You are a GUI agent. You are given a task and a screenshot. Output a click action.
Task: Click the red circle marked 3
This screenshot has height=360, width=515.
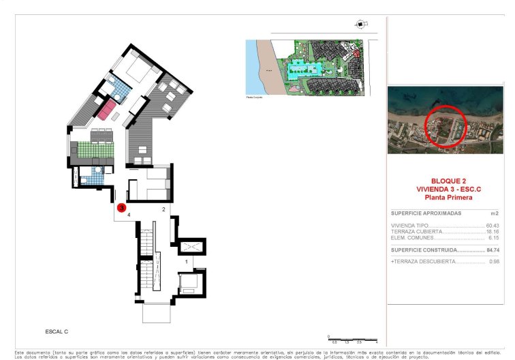121,207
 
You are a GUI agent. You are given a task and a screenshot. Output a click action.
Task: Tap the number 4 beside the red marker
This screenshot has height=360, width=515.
129,214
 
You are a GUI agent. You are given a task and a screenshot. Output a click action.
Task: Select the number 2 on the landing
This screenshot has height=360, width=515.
163,209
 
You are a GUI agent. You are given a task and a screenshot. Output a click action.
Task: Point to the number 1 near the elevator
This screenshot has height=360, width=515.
187,261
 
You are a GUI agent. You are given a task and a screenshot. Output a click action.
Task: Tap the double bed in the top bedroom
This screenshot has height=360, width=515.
142,71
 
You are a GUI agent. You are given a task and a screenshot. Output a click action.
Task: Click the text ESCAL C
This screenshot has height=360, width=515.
57,331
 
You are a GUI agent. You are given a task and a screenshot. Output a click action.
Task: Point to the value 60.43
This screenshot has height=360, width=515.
492,226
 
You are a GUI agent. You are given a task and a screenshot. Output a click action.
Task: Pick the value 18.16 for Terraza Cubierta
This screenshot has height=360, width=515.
492,232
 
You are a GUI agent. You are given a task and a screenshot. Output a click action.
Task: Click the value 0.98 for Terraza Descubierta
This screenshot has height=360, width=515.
494,261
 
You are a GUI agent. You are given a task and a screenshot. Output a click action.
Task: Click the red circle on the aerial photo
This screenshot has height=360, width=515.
446,126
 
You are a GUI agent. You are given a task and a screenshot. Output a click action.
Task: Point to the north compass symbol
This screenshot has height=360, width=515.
359,25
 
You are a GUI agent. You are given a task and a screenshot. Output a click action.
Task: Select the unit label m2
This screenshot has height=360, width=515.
495,213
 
